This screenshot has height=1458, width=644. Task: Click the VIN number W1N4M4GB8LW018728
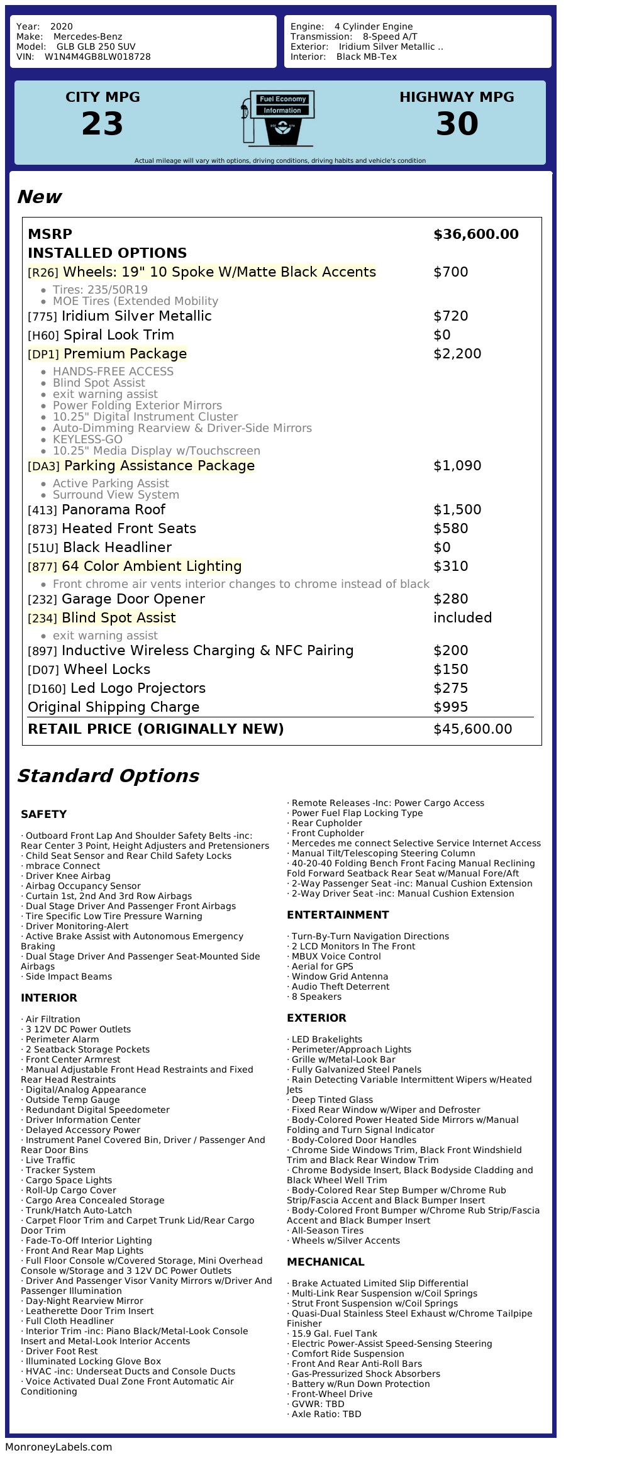[97, 57]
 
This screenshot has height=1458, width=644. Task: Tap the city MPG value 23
[103, 124]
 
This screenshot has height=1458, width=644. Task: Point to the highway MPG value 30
[457, 124]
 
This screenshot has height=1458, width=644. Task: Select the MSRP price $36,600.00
[475, 235]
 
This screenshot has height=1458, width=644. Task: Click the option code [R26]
[43, 273]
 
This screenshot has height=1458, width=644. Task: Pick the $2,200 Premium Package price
[457, 354]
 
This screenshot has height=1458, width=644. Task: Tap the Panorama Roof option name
[113, 510]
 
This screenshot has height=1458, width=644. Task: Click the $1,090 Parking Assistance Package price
[457, 466]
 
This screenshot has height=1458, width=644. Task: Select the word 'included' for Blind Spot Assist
[462, 618]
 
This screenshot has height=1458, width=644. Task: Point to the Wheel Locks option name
[107, 670]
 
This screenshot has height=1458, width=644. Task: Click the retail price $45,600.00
[472, 729]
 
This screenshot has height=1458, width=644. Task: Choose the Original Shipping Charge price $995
[450, 707]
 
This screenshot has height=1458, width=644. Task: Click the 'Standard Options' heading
[108, 776]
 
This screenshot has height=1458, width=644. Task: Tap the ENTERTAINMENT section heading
[338, 915]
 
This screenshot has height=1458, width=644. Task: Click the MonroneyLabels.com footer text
[58, 1447]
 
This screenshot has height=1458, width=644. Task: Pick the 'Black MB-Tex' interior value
[366, 57]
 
